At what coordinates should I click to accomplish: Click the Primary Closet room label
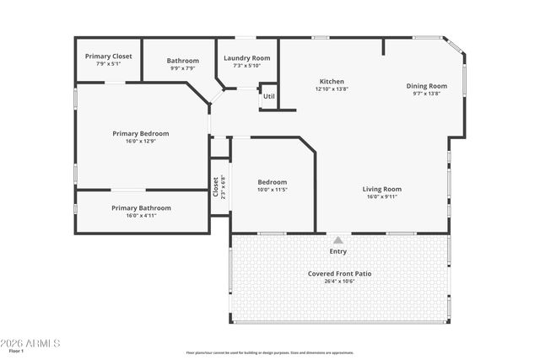tap(109, 56)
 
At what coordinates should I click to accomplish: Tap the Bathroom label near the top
tap(182, 61)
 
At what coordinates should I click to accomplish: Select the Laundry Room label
tap(246, 58)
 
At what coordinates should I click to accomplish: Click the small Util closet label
tap(268, 96)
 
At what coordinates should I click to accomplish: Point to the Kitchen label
tap(331, 81)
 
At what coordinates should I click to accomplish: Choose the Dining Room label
tap(426, 86)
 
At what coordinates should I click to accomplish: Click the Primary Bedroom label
tap(141, 133)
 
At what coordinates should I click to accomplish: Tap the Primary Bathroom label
tap(141, 208)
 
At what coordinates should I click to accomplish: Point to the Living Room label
tap(381, 190)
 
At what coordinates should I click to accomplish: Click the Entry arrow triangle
tap(338, 240)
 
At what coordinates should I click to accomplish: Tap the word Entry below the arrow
tap(337, 251)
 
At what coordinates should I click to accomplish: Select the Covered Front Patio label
tap(339, 274)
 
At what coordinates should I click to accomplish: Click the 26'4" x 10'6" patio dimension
tap(339, 282)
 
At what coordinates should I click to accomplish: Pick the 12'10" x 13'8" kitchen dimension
tap(331, 89)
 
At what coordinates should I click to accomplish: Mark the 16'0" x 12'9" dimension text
tap(141, 141)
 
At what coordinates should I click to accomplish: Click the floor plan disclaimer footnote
tap(270, 353)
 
